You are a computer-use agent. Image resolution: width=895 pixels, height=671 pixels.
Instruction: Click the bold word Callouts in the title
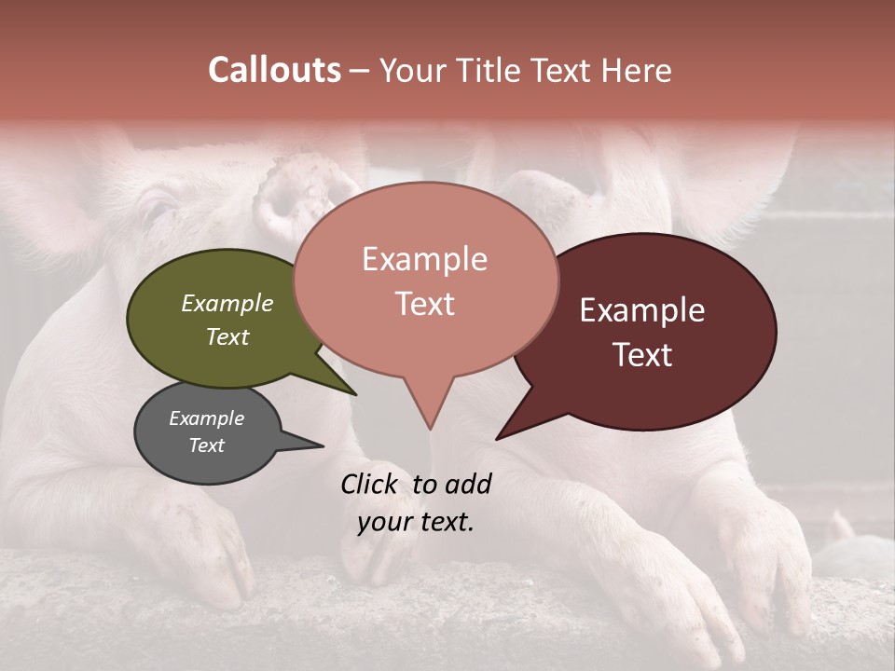point(274,70)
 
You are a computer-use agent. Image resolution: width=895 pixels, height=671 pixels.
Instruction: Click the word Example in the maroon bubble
point(642,310)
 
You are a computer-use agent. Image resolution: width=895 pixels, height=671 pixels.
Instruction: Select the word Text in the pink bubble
point(425,304)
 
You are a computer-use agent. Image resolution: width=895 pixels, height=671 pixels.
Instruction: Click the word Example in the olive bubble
point(227,304)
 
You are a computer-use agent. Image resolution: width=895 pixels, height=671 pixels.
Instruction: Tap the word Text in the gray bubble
point(207,445)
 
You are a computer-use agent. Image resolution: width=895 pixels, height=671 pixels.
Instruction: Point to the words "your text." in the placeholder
point(416,522)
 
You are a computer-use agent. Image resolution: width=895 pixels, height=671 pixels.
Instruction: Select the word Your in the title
point(413,70)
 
